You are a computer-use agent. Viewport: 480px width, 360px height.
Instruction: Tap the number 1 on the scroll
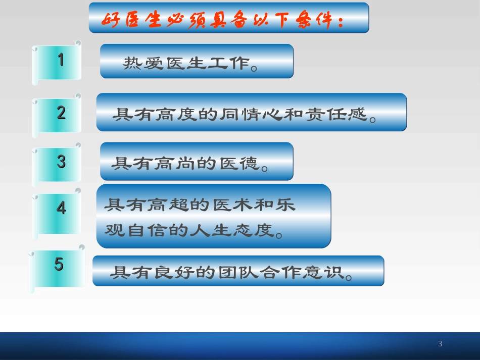(61, 61)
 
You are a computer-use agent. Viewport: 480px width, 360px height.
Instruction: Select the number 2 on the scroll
(61, 112)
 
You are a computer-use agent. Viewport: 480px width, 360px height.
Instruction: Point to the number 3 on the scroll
(61, 162)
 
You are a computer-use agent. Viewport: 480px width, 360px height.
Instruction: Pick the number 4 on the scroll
(61, 208)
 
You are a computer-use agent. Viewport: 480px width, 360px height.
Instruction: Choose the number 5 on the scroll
(59, 264)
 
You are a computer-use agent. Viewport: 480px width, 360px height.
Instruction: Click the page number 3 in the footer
(440, 344)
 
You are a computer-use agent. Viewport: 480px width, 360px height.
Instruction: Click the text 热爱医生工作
(187, 64)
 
